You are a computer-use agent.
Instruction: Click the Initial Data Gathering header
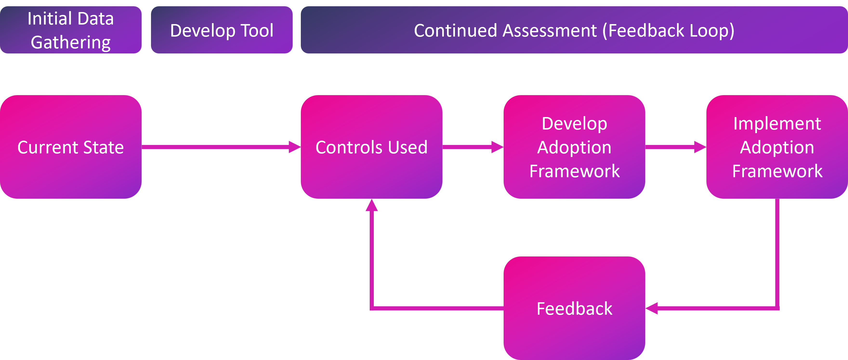[x=71, y=30]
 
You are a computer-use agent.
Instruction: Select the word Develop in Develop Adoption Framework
[x=574, y=124]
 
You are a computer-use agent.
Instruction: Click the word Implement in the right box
[x=777, y=124]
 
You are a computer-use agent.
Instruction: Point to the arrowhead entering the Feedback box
[x=651, y=308]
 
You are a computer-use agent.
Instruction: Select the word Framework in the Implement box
[x=777, y=171]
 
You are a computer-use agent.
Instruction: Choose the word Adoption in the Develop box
[x=574, y=147]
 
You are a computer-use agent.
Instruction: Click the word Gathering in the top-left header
[x=71, y=42]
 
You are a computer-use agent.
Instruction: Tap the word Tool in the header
[x=257, y=31]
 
